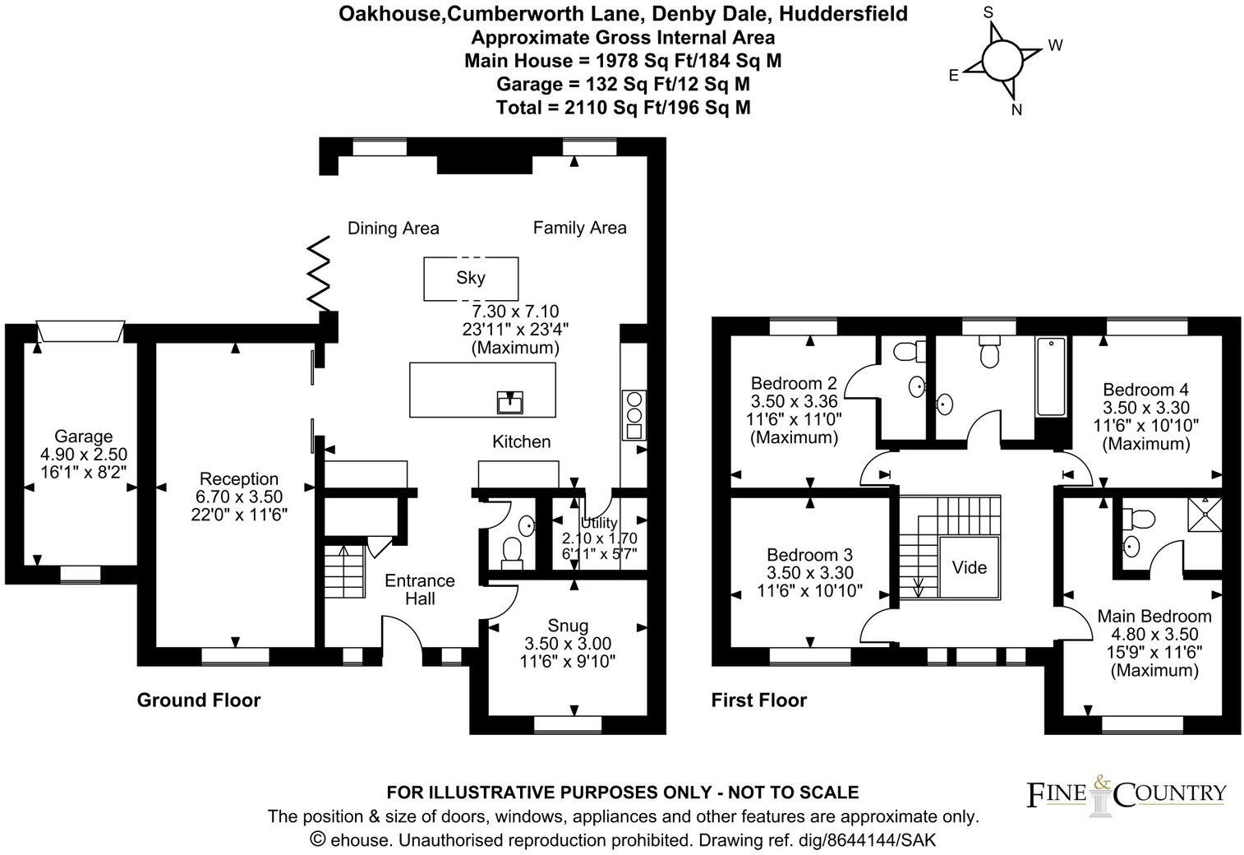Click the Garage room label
(x=83, y=437)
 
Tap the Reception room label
(x=239, y=478)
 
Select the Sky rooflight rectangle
(x=471, y=279)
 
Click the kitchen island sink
(x=510, y=403)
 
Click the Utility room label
(x=599, y=523)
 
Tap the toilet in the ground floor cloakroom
(x=512, y=549)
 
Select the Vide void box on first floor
(x=970, y=567)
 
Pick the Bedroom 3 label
(x=809, y=555)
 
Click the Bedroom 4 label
(x=1145, y=390)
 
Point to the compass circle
(x=999, y=59)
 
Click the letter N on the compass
(x=1016, y=110)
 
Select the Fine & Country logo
(x=1127, y=793)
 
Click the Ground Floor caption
(x=198, y=700)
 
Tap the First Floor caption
(x=758, y=700)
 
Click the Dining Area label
(x=393, y=229)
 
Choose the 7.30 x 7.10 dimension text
(x=515, y=312)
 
